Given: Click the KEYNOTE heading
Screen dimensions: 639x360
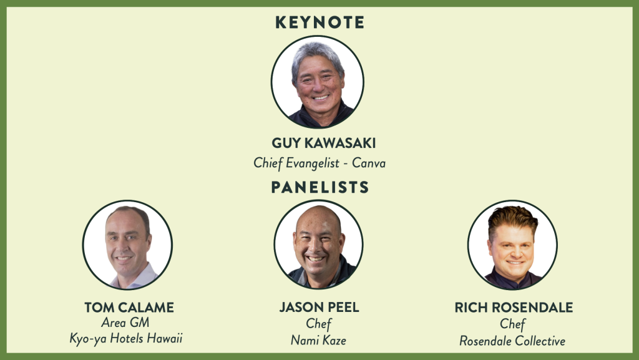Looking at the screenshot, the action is point(320,22).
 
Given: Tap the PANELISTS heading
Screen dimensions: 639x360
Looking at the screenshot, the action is point(320,187).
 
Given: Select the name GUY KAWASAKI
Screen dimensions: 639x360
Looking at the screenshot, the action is point(324,143).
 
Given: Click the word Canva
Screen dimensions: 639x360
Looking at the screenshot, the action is point(368,163).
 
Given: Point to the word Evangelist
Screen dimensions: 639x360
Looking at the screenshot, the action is point(313,163).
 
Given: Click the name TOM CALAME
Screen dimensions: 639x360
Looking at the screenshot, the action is point(129,308).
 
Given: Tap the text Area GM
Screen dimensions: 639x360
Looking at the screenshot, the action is point(125,323).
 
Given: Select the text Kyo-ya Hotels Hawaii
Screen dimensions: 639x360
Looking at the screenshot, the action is point(126,338).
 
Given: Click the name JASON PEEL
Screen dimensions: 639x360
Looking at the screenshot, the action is point(319,307).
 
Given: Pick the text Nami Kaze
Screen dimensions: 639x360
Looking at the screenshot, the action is point(318,340).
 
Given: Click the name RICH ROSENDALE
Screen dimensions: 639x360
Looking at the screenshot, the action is point(514,308).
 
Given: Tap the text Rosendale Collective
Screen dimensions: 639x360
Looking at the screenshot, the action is point(512,341).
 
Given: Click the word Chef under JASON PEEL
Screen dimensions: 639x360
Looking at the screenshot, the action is point(319,324).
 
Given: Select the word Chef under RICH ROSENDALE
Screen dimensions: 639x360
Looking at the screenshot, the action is point(513,324).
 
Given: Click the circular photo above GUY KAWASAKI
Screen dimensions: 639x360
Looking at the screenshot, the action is point(318,82).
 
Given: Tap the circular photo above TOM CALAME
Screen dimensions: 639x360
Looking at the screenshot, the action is point(127,245).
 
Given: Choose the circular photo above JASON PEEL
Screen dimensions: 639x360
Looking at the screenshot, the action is point(318,245).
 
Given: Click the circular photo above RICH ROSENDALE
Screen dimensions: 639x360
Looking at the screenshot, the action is point(513,245).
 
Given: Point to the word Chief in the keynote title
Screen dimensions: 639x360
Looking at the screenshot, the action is point(268,163).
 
